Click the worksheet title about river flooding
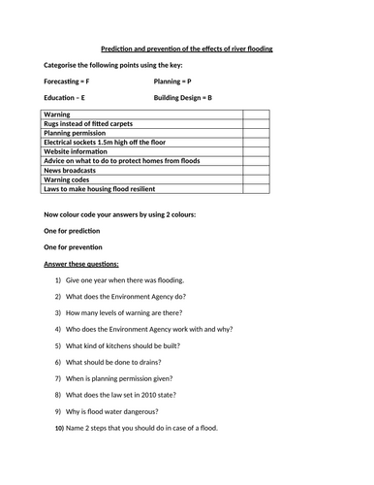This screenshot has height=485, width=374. (x=187, y=48)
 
